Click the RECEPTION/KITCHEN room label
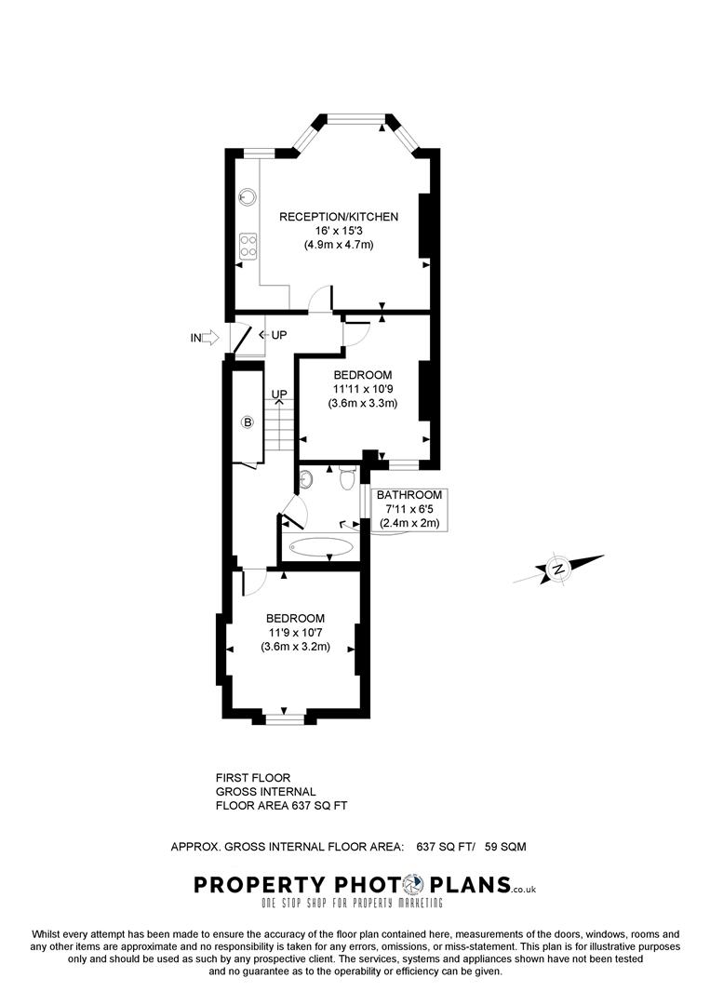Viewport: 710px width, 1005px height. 339,217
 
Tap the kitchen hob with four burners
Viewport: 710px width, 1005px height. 248,244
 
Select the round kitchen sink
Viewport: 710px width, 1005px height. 248,196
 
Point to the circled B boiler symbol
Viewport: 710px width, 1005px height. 247,422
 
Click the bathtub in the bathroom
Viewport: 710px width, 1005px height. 320,548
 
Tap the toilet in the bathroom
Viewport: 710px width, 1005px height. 347,479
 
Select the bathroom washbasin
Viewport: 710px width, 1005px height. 306,479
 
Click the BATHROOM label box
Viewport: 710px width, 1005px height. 409,509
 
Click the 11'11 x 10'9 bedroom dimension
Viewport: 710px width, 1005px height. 362,389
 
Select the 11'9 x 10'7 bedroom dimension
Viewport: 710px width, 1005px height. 295,633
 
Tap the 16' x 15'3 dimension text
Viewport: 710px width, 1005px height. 339,231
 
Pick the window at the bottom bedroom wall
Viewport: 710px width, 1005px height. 285,717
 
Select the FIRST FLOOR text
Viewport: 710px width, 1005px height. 253,777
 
